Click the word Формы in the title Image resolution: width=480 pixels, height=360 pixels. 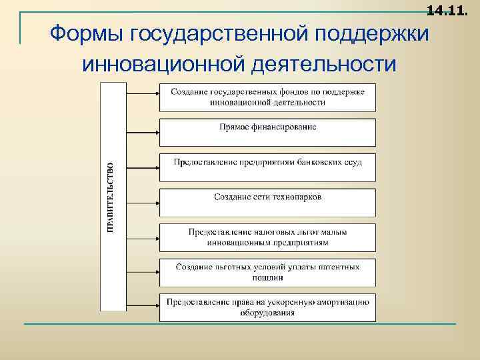pyautogui.click(x=87, y=33)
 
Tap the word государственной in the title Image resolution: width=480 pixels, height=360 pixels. pyautogui.click(x=213, y=33)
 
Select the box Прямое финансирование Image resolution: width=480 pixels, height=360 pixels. pyautogui.click(x=267, y=132)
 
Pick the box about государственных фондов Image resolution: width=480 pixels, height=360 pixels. pyautogui.click(x=267, y=97)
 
